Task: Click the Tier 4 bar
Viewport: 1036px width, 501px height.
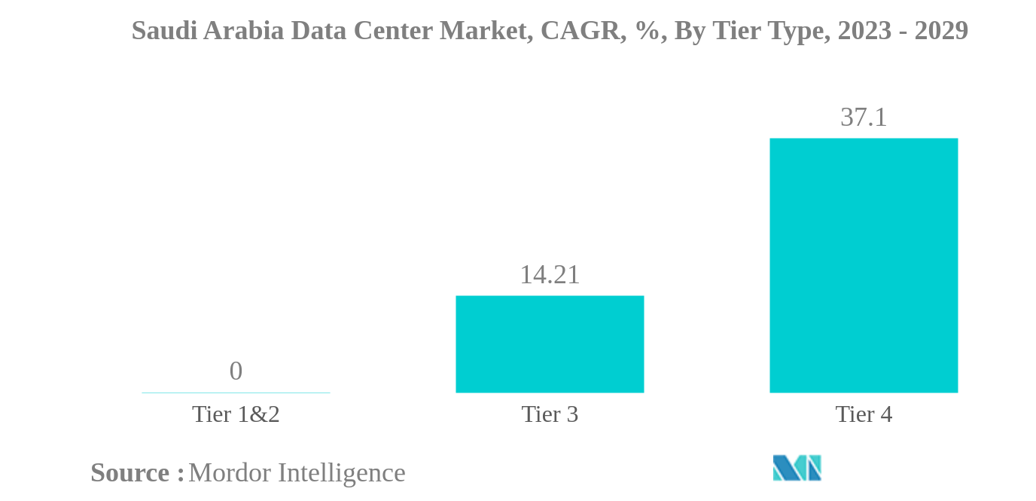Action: coord(863,265)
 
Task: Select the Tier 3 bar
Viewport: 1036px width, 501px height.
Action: coord(550,344)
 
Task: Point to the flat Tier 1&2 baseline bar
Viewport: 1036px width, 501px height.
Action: coord(236,393)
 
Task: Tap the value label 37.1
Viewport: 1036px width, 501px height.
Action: coord(864,118)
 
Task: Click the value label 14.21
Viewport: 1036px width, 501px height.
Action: coord(550,275)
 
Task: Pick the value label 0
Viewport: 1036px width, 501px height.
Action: coord(236,371)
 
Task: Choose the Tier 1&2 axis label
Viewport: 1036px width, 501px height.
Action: coord(236,414)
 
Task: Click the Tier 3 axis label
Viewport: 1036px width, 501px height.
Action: coord(550,414)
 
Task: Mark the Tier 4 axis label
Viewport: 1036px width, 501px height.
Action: coord(864,414)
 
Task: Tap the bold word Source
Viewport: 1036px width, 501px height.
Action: coord(130,473)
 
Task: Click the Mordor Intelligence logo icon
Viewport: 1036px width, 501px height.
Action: coord(797,468)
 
